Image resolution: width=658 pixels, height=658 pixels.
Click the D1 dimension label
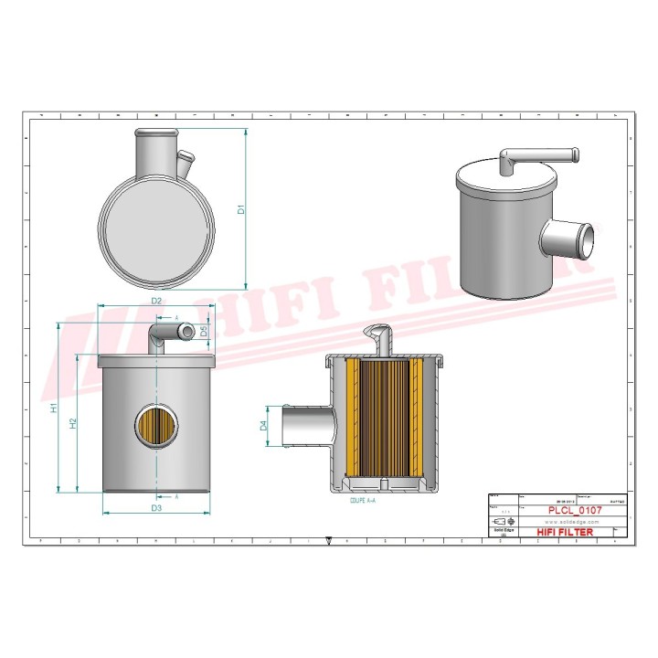241,208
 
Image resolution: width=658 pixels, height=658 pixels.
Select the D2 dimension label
156,301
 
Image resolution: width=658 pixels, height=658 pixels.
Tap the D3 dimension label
156,507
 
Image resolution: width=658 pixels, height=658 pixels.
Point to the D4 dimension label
264,425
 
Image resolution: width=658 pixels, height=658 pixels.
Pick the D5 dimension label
204,330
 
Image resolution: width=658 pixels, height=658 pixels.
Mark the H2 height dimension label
73,422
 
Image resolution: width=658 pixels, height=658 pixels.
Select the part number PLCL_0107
574,510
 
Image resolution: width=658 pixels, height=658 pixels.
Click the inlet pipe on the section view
303,426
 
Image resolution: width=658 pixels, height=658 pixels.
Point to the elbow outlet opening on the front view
187,330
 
